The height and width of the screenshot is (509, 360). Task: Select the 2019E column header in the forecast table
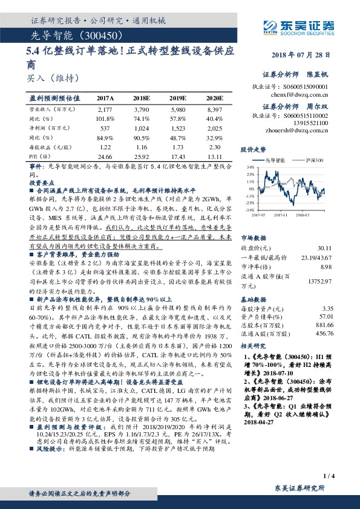coord(177,98)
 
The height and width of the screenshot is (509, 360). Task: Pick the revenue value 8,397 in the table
coord(215,110)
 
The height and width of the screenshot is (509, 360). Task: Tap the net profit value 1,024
coord(141,129)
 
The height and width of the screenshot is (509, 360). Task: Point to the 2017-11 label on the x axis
coord(290,213)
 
